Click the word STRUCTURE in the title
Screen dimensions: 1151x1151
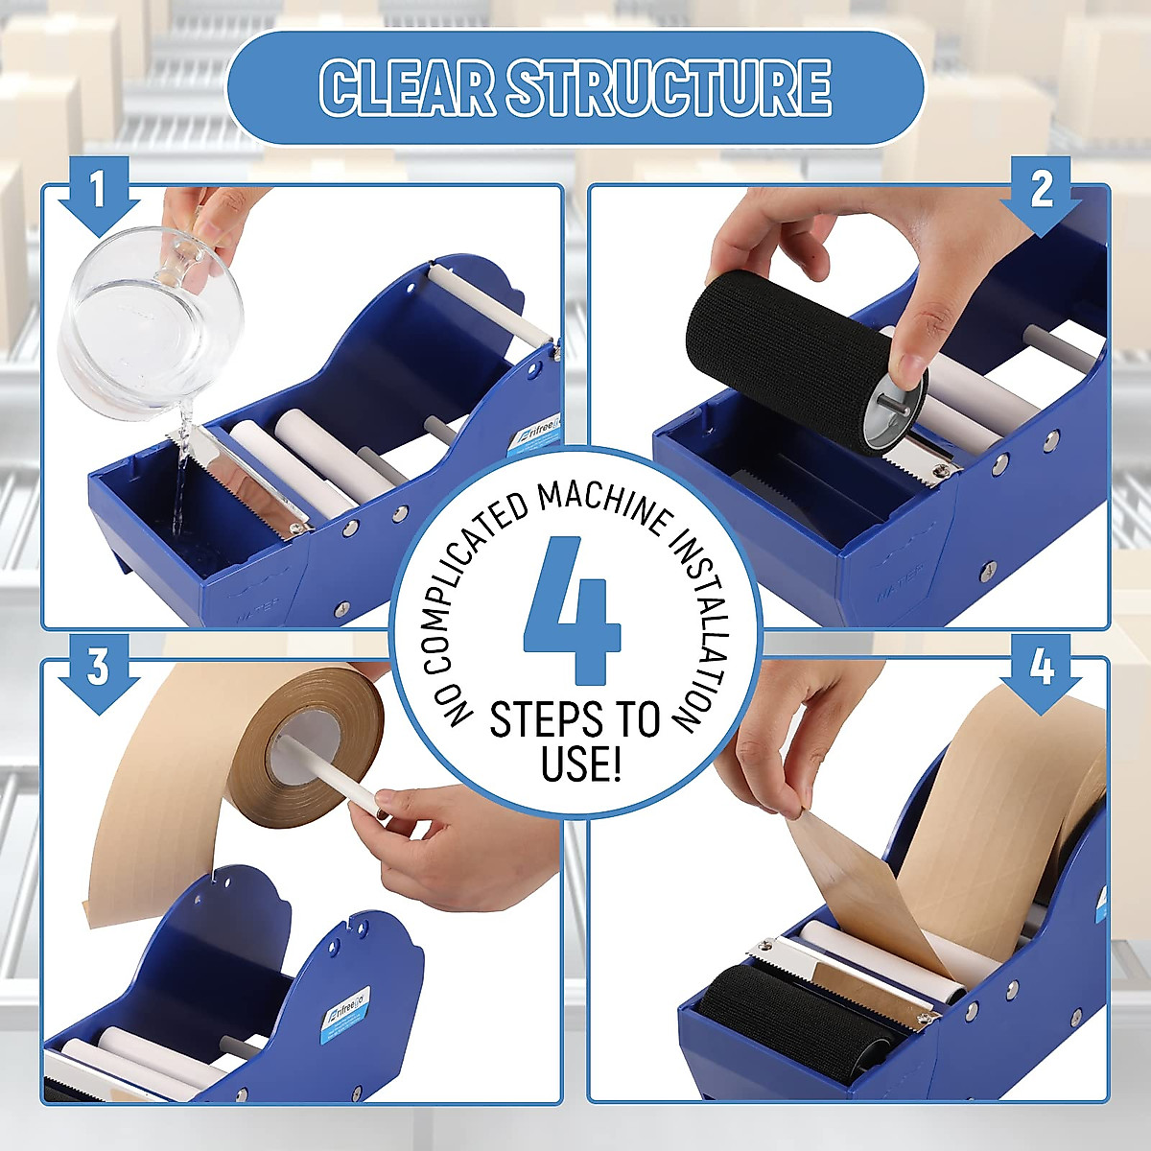(669, 88)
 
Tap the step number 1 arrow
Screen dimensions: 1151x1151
(98, 195)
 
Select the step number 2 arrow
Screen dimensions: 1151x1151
(1042, 195)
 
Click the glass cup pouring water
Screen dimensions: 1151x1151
(149, 321)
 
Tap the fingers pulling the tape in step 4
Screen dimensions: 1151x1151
(782, 758)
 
